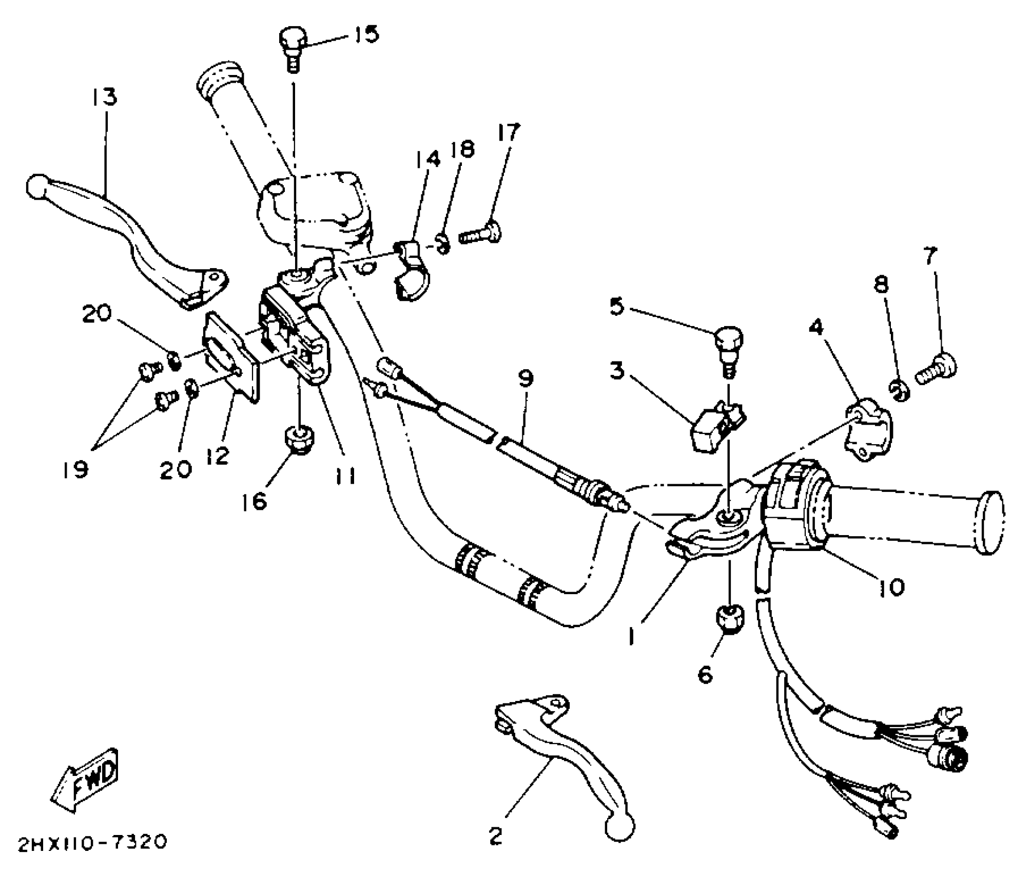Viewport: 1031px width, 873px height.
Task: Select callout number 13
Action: pos(105,97)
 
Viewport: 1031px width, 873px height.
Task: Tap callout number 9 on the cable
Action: pos(525,379)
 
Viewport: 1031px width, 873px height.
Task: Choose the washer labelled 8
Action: pos(899,392)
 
